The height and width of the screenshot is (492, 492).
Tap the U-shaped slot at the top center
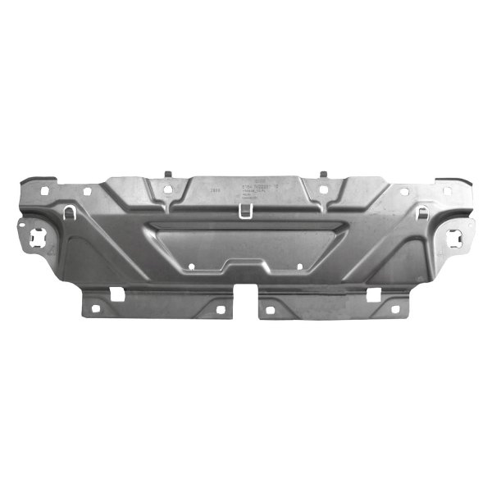pyautogui.click(x=245, y=210)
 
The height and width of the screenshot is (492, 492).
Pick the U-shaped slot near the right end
pyautogui.click(x=421, y=212)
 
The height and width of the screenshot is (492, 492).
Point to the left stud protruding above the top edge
pyautogui.click(x=167, y=175)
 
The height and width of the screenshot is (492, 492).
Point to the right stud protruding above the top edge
pyautogui.click(x=323, y=175)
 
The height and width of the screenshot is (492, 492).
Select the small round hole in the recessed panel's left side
pyautogui.click(x=192, y=266)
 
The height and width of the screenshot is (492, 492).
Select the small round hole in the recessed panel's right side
pyautogui.click(x=300, y=266)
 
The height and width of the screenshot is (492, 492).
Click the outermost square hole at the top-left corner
pyautogui.click(x=41, y=190)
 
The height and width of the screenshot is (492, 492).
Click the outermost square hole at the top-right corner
pyautogui.click(x=450, y=190)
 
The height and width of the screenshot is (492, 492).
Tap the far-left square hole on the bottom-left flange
pyautogui.click(x=94, y=309)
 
